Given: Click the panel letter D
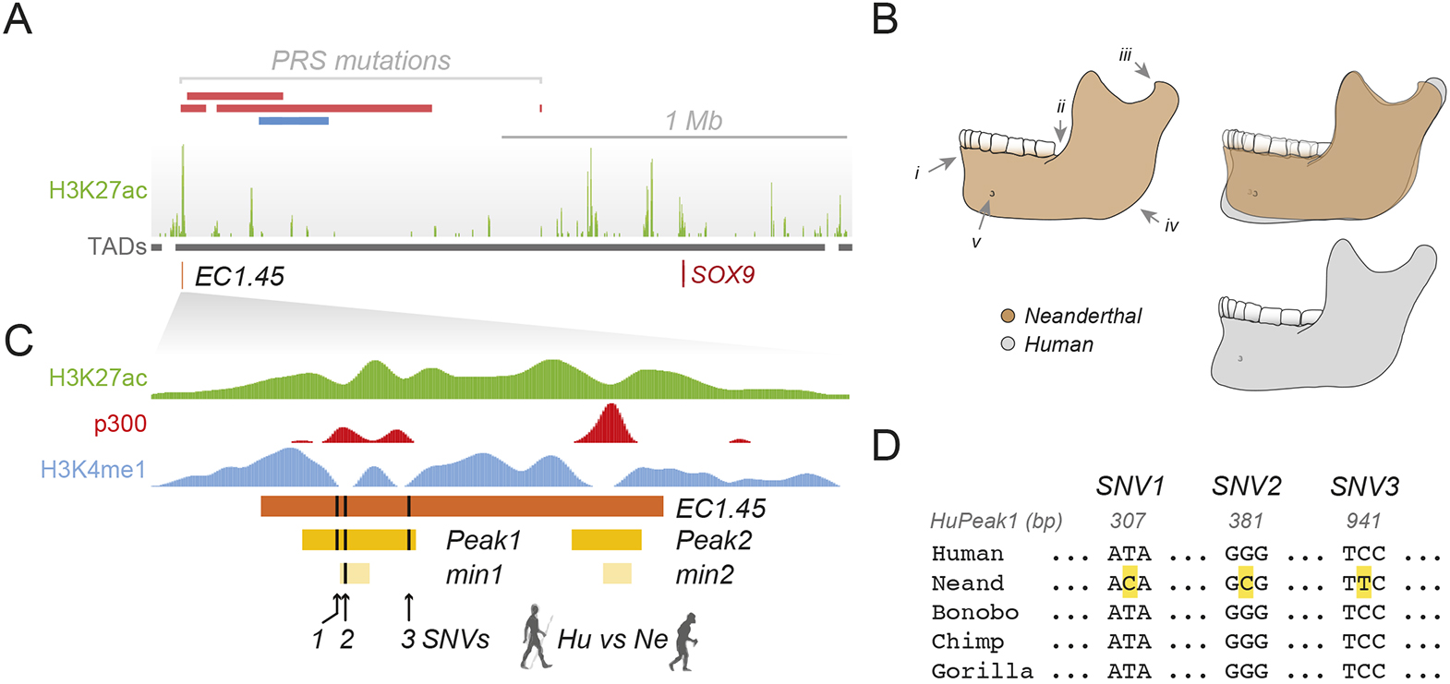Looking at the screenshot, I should (886, 446).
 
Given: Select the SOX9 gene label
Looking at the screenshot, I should (722, 275).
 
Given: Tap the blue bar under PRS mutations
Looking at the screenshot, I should (294, 121).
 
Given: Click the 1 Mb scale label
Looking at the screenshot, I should (693, 121).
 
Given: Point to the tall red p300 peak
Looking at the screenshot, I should (609, 424).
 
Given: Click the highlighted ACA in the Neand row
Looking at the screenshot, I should (1129, 583).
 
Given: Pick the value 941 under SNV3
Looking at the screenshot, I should (1363, 521).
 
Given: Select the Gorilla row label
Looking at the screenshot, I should (981, 670).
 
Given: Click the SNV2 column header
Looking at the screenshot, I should (1246, 486).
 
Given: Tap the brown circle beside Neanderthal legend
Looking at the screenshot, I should (1008, 316).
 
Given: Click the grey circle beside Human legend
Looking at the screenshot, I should (1008, 344).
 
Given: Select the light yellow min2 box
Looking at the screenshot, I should (617, 573).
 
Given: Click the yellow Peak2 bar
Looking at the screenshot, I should (606, 540).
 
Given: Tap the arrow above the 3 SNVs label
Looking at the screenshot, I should (409, 607).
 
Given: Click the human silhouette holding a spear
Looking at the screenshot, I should (535, 637).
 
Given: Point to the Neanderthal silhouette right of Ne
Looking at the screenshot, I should (684, 640).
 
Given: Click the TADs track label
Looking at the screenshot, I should (116, 246).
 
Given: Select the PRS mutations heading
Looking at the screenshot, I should (360, 61).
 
